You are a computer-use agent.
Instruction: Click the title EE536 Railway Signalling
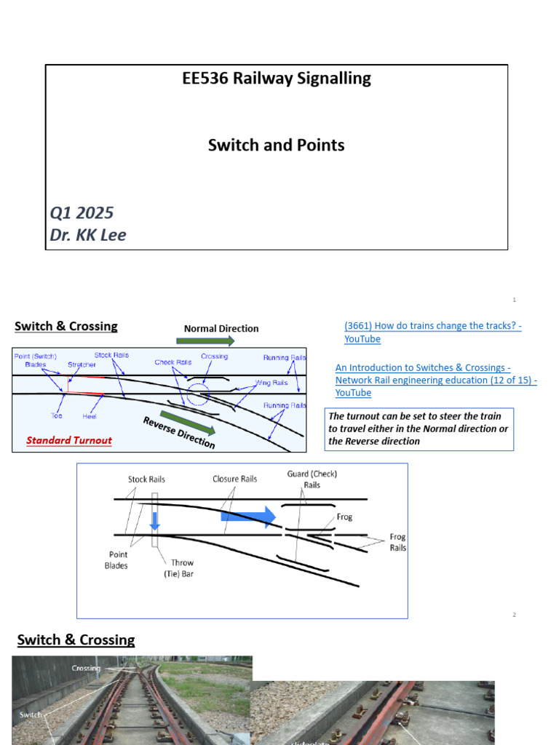click(x=277, y=79)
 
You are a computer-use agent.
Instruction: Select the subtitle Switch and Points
click(x=277, y=145)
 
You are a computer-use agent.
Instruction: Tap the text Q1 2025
click(x=82, y=212)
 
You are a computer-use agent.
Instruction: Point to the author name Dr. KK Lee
click(x=88, y=236)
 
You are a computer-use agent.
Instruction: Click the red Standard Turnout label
click(x=69, y=440)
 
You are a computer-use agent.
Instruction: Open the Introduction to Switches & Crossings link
click(x=435, y=380)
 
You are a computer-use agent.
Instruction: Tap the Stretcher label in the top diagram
click(x=82, y=364)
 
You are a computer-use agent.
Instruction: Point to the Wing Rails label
click(x=271, y=382)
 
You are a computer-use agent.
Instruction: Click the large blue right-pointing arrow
click(x=248, y=516)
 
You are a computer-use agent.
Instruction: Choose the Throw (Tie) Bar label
click(x=182, y=567)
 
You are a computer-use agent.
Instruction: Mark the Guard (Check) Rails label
click(x=312, y=479)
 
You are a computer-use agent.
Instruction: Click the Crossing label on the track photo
click(x=86, y=668)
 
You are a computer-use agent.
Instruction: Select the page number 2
click(x=514, y=615)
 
